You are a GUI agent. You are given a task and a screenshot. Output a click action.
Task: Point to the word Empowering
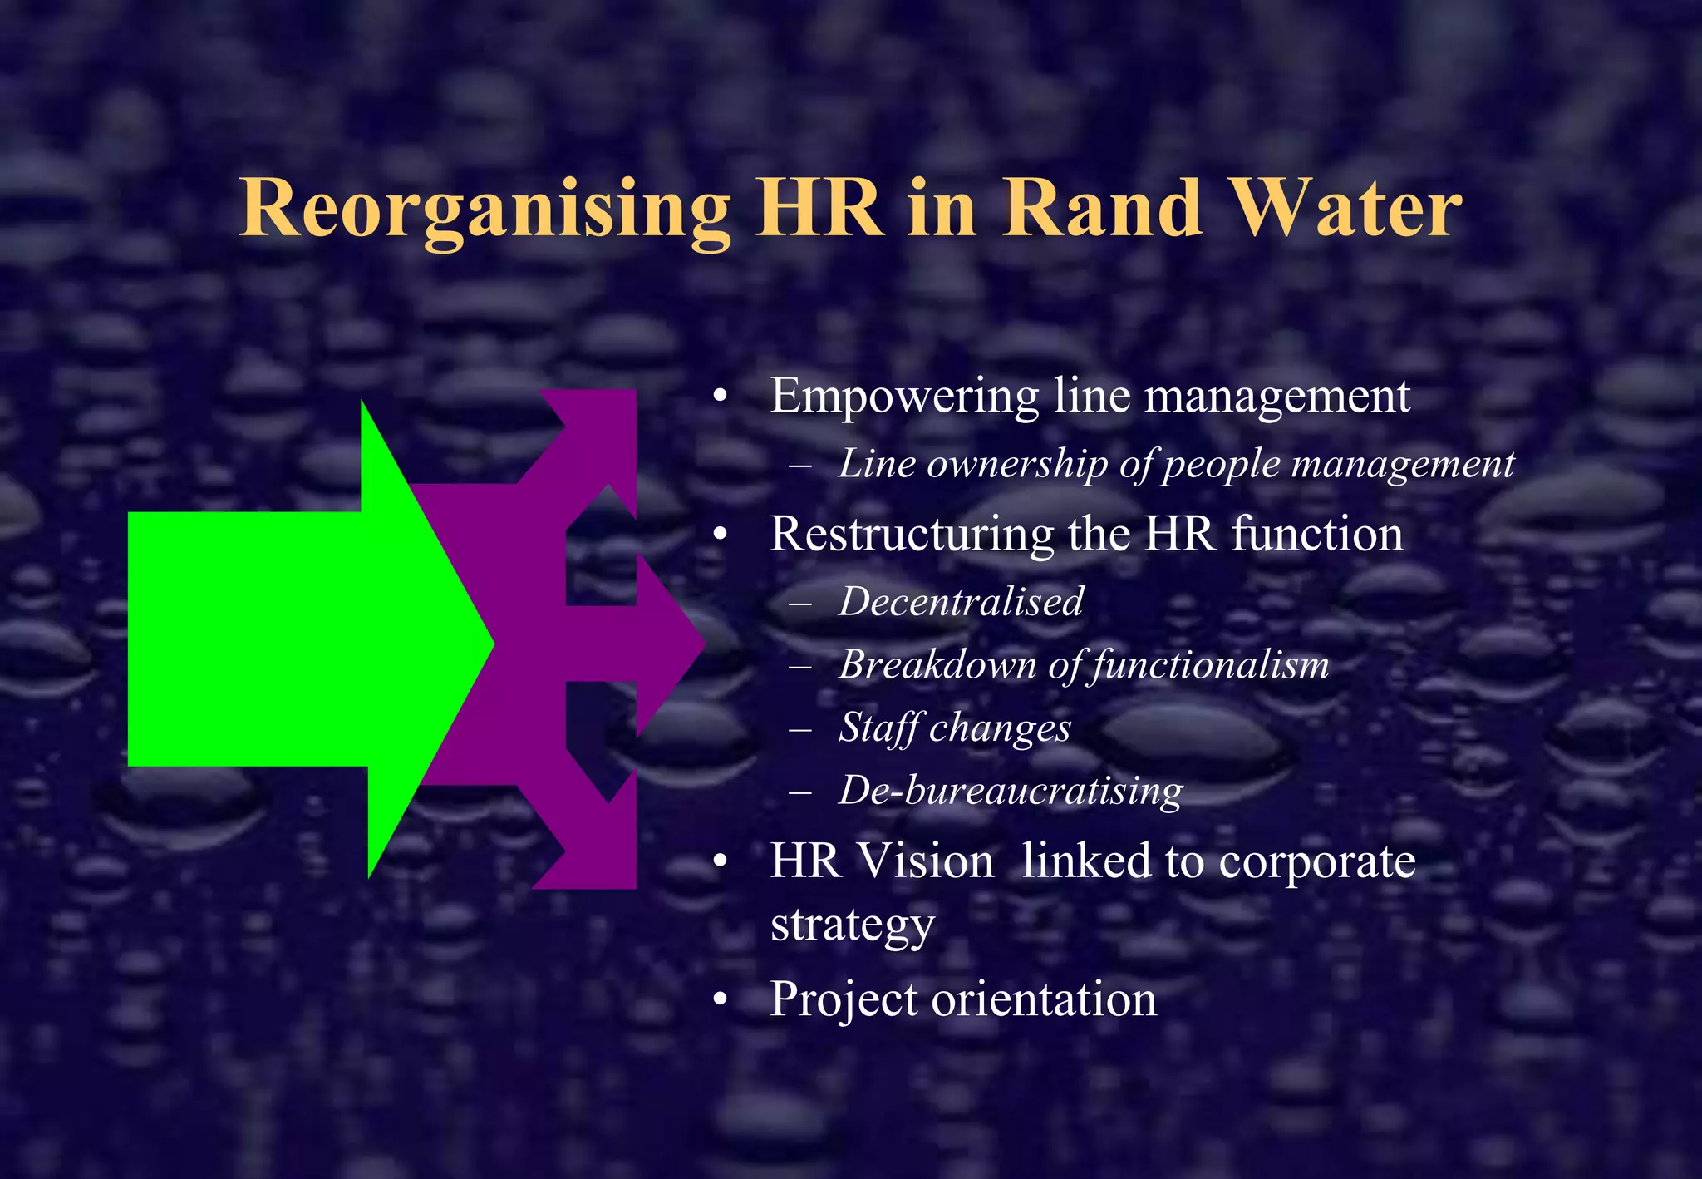pyautogui.click(x=904, y=397)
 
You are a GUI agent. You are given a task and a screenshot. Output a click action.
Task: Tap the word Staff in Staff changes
pyautogui.click(x=879, y=728)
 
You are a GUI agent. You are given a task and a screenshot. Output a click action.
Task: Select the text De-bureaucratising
pyautogui.click(x=1011, y=791)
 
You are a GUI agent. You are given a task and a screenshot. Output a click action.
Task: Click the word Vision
pyautogui.click(x=925, y=861)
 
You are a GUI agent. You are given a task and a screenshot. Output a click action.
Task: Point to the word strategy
pyautogui.click(x=853, y=925)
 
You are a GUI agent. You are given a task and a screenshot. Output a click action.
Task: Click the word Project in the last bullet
pyautogui.click(x=844, y=999)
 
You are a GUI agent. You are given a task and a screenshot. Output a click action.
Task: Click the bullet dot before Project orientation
pyautogui.click(x=720, y=1000)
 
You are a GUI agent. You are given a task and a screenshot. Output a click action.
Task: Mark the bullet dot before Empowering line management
pyautogui.click(x=720, y=397)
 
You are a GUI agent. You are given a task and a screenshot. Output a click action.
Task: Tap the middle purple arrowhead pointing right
pyautogui.click(x=665, y=642)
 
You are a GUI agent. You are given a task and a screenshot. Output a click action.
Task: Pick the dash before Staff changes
pyautogui.click(x=800, y=729)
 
